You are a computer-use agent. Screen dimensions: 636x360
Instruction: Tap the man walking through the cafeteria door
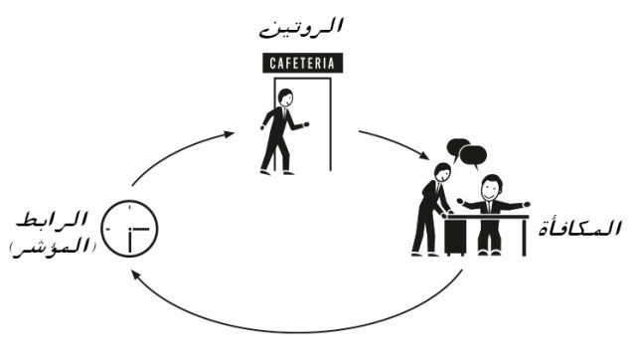tap(280, 133)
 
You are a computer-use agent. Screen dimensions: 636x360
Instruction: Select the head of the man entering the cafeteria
tap(285, 97)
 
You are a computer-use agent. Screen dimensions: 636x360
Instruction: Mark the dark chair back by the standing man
tap(456, 234)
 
